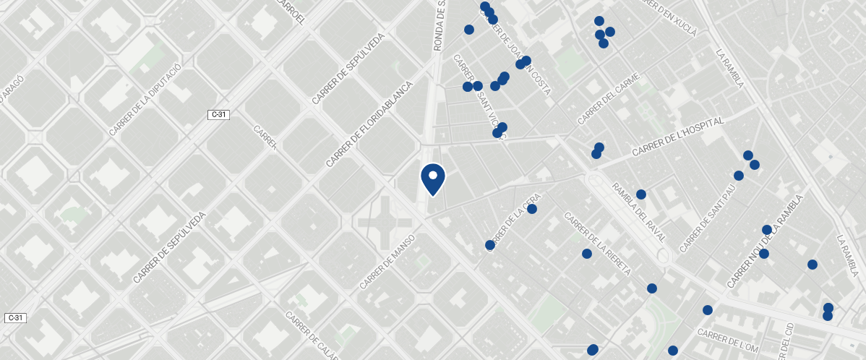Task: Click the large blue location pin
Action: pos(432,179)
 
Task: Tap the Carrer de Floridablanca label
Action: pos(369,124)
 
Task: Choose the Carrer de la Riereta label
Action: pos(598,244)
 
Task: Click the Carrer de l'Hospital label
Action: pos(677,137)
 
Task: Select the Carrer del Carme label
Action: pos(609,98)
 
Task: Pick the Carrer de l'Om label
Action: pos(728,340)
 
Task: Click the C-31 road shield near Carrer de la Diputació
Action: pos(220,115)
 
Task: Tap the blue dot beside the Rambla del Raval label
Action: pos(640,194)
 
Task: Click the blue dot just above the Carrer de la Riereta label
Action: pos(587,254)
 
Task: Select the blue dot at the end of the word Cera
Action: pos(532,209)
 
